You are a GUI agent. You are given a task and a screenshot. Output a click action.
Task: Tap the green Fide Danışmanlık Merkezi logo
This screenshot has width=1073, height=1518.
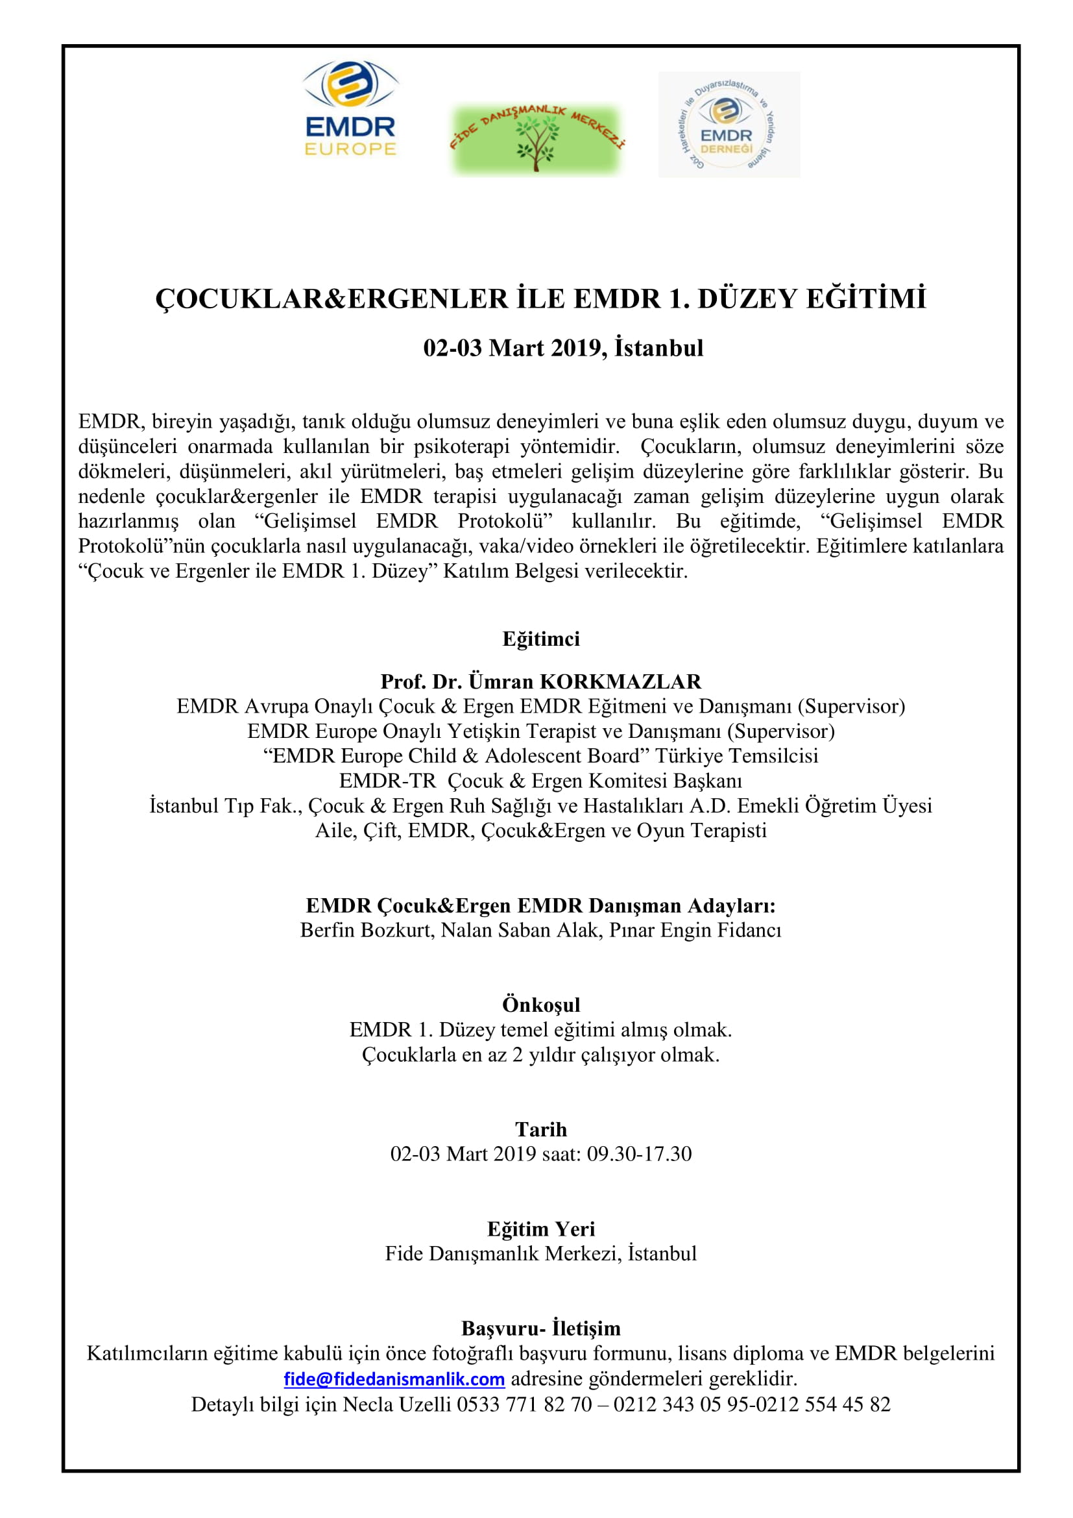pyautogui.click(x=536, y=139)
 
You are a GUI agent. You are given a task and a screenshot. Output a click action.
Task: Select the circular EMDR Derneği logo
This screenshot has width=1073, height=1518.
pyautogui.click(x=728, y=125)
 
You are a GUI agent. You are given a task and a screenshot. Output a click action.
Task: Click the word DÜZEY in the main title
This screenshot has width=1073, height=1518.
pyautogui.click(x=747, y=299)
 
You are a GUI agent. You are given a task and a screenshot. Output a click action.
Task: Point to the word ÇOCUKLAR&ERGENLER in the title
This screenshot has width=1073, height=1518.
pyautogui.click(x=332, y=299)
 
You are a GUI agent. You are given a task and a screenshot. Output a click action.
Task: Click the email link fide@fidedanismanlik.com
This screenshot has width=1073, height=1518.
pyautogui.click(x=394, y=1379)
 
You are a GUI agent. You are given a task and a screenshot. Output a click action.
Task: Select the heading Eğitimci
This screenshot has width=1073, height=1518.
pyautogui.click(x=540, y=639)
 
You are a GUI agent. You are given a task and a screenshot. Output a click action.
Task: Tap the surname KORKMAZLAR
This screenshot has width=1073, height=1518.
pyautogui.click(x=620, y=681)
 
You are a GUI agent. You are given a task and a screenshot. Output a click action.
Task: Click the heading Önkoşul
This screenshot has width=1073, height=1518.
pyautogui.click(x=540, y=1004)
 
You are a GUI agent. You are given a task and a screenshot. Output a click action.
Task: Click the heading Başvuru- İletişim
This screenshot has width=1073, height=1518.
pyautogui.click(x=540, y=1328)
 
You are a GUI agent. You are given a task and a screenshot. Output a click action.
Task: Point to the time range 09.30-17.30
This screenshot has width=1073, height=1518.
pyautogui.click(x=639, y=1154)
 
